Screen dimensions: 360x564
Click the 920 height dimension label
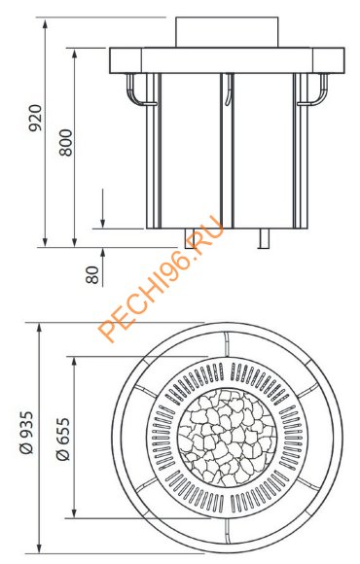click(35, 118)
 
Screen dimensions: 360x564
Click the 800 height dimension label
click(66, 142)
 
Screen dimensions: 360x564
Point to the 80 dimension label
click(92, 275)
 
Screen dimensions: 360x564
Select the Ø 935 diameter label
click(26, 433)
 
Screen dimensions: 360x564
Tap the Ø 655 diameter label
click(63, 439)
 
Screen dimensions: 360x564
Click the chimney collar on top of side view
click(227, 32)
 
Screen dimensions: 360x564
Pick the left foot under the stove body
click(190, 238)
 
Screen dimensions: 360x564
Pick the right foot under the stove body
click(265, 238)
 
